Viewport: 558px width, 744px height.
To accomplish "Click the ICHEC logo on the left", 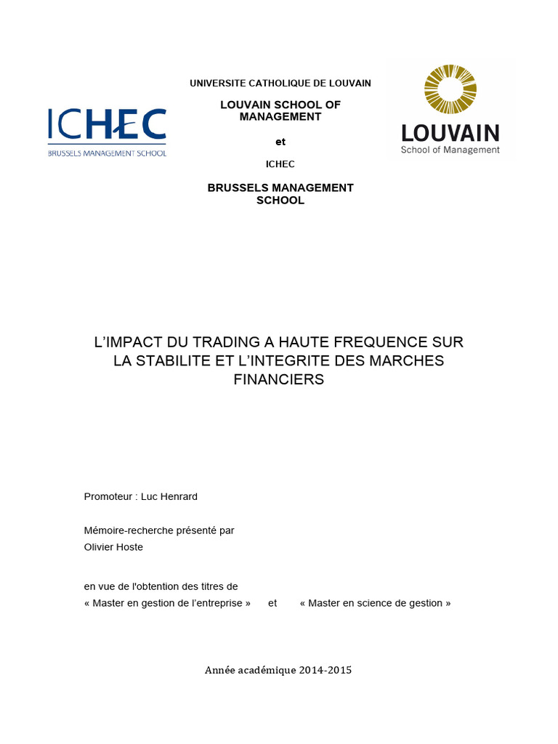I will (x=107, y=125).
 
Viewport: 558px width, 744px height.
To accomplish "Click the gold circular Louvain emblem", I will (x=450, y=89).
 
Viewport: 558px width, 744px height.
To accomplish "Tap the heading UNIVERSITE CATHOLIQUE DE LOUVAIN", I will (x=280, y=84).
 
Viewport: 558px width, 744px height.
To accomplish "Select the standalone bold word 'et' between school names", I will (x=280, y=142).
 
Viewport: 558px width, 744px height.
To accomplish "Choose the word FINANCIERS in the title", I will (x=279, y=379).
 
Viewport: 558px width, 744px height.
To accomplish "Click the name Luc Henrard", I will (x=169, y=497).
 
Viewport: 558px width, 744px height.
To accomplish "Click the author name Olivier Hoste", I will (x=113, y=547).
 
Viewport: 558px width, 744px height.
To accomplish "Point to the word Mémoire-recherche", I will (x=125, y=530).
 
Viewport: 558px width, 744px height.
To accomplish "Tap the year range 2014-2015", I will (x=325, y=670).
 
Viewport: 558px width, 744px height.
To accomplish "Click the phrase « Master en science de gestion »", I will (x=375, y=603).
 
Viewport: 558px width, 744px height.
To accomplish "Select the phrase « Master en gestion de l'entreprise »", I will (x=167, y=603).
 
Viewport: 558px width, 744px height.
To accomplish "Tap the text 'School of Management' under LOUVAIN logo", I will (x=450, y=150).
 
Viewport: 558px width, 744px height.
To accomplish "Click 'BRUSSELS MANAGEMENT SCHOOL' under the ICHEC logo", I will (x=107, y=153).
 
